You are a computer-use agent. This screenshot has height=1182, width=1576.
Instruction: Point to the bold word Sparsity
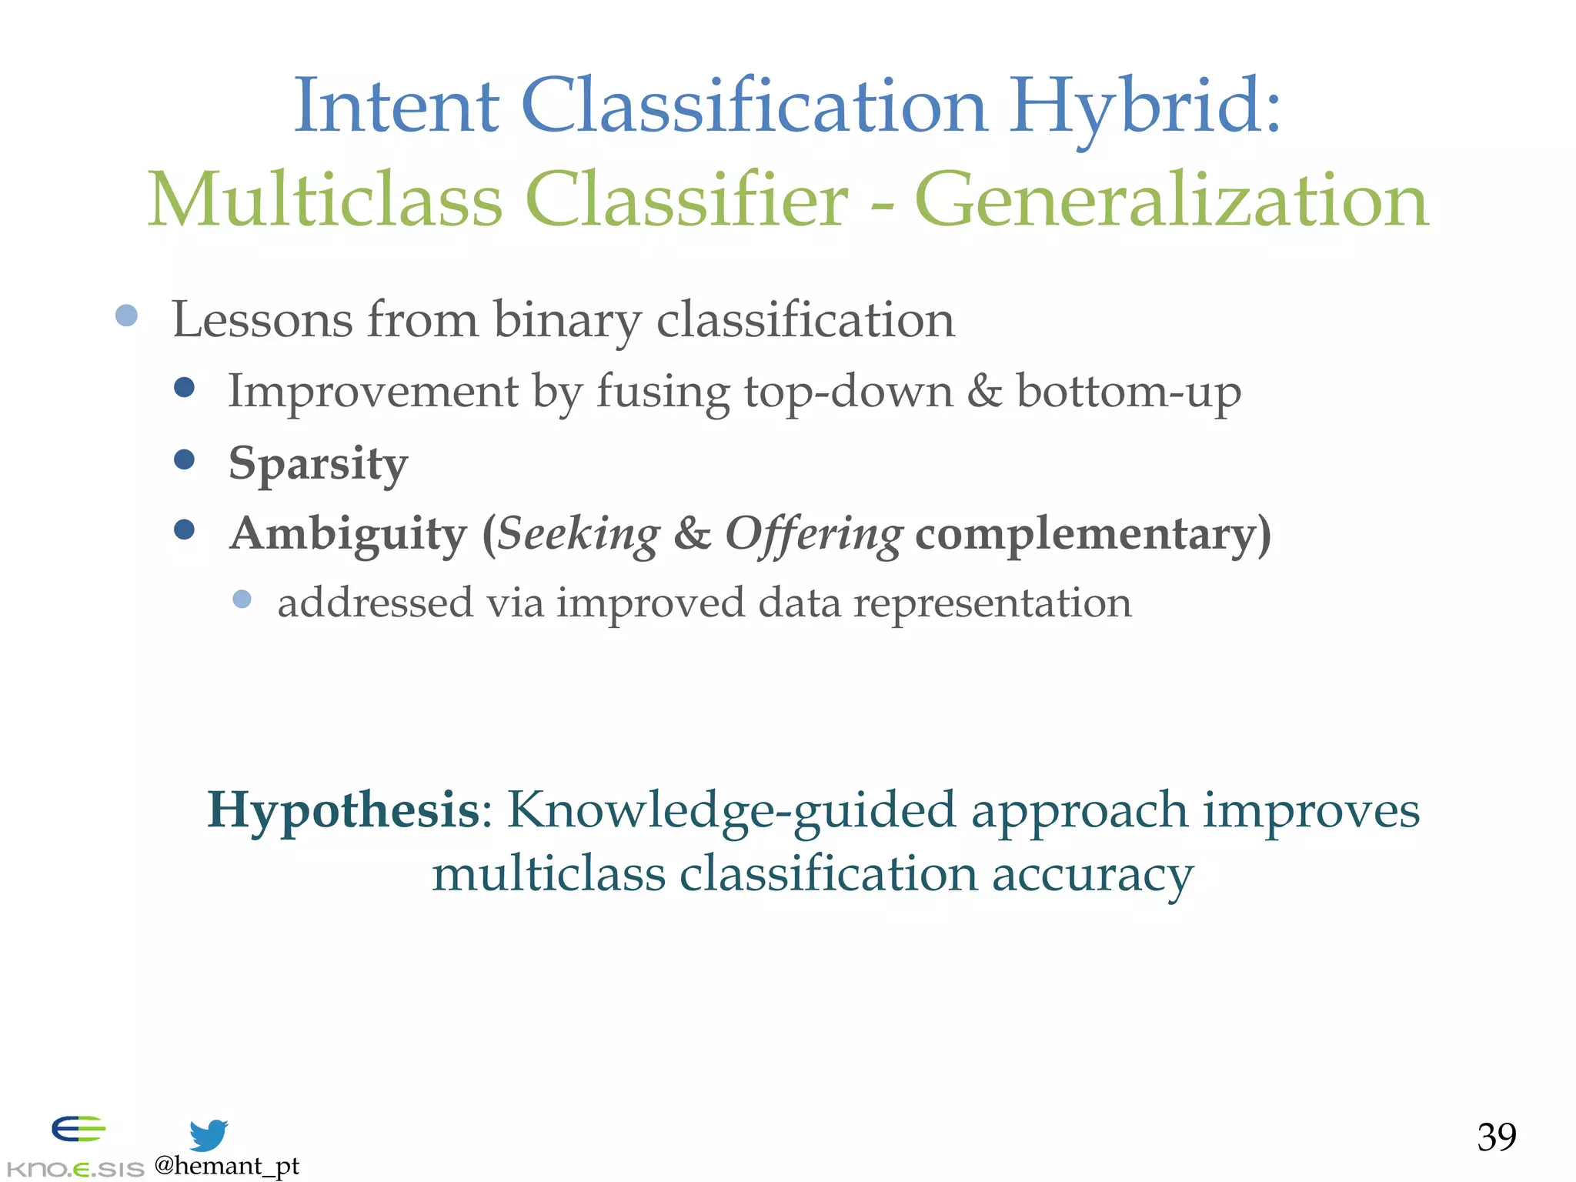pos(318,464)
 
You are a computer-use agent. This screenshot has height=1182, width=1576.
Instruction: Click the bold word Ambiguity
pos(348,534)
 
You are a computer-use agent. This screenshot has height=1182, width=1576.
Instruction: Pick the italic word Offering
pos(814,534)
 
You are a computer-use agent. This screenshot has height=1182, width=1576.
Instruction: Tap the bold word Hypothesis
pos(343,811)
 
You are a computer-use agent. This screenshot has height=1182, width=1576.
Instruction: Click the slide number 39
pos(1496,1137)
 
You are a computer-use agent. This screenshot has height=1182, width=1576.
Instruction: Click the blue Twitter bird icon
pos(209,1135)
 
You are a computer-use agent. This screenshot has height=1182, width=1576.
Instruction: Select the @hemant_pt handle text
pos(226,1167)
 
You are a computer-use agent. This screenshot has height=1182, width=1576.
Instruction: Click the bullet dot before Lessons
pos(126,316)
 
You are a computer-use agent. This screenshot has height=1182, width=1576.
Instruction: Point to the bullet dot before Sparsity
pos(184,459)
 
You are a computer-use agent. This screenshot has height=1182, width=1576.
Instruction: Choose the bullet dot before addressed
pos(242,599)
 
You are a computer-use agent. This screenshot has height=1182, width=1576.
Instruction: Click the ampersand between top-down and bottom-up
pos(984,391)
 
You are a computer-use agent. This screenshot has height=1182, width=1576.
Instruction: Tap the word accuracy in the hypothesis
pos(1093,876)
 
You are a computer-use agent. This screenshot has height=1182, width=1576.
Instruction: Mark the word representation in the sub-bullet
pos(993,603)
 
